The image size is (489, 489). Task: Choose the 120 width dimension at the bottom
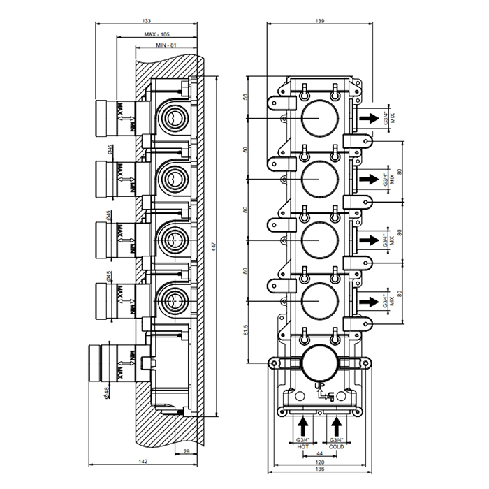tap(319, 462)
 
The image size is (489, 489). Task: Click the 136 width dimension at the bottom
tap(319, 470)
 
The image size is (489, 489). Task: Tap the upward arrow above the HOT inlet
tap(303, 425)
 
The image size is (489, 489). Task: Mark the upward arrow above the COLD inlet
tap(337, 425)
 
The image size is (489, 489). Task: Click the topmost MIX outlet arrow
tap(371, 118)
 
